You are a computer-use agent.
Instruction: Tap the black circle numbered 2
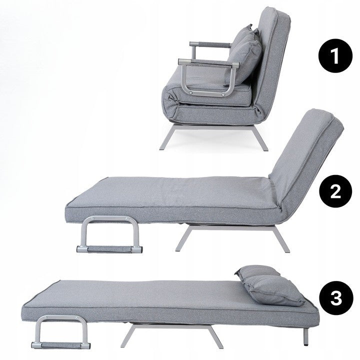coord(335,191)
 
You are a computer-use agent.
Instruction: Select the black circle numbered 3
coord(336,298)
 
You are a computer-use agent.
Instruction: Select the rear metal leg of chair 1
coord(260,138)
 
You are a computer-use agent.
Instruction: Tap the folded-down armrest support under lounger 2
coord(109,235)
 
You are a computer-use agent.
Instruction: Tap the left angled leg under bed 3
coord(128,336)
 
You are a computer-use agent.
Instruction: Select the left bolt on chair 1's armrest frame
coord(190,93)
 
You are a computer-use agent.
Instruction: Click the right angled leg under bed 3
coord(215,337)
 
